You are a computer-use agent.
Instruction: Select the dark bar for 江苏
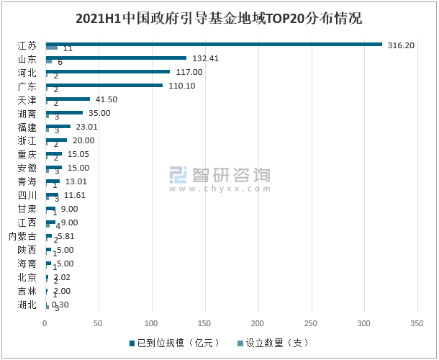click(x=214, y=44)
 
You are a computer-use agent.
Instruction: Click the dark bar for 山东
click(x=116, y=58)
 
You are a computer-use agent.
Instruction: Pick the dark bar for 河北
click(x=108, y=71)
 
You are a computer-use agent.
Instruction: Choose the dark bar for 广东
click(x=104, y=85)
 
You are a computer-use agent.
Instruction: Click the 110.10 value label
click(x=181, y=86)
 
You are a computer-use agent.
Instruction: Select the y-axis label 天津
click(x=27, y=99)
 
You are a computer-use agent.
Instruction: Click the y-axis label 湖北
click(x=27, y=305)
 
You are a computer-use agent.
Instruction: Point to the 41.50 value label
click(x=106, y=99)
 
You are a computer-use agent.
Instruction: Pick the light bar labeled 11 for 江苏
click(x=52, y=48)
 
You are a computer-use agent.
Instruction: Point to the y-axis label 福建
click(x=27, y=127)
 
